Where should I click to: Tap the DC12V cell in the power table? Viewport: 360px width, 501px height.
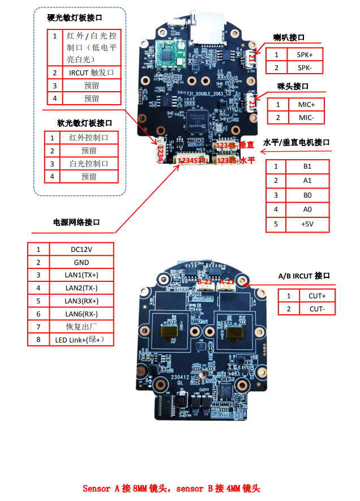pyautogui.click(x=81, y=249)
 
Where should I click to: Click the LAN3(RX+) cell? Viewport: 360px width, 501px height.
pyautogui.click(x=81, y=301)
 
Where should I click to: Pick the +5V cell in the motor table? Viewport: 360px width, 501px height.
pyautogui.click(x=307, y=224)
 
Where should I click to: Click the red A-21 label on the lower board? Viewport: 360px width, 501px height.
pyautogui.click(x=227, y=281)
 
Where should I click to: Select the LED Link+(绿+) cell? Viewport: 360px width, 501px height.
pyautogui.click(x=81, y=340)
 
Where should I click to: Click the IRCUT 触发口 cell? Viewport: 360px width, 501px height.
pyautogui.click(x=91, y=73)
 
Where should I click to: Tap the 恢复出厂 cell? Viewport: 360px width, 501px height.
pyautogui.click(x=81, y=327)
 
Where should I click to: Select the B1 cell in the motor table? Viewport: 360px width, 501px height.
pyautogui.click(x=307, y=166)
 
